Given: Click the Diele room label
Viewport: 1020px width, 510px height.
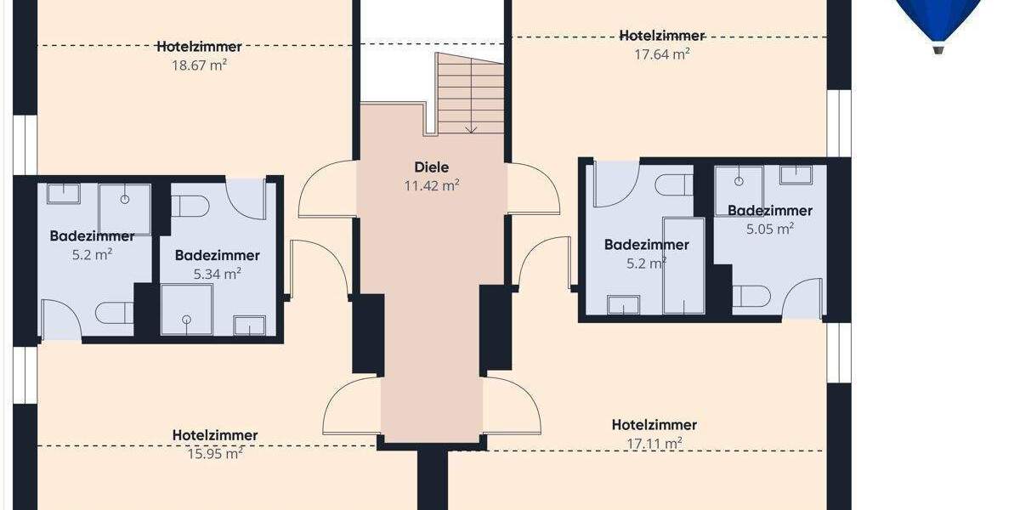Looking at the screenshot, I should point(432,167).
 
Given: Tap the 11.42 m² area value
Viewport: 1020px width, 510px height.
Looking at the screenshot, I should point(432,184).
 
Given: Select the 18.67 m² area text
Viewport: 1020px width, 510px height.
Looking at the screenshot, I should point(199,63).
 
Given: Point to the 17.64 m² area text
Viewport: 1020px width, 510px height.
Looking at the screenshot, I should point(661,54).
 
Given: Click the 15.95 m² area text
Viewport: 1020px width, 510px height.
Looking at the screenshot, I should point(214,453).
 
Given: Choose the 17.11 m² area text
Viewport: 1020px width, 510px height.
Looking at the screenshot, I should point(654,443).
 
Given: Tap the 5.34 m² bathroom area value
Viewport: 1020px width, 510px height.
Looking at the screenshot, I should point(217,273).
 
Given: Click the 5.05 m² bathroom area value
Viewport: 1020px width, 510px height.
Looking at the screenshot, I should point(769,228).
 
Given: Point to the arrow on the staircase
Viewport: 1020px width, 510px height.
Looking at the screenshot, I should point(471,127).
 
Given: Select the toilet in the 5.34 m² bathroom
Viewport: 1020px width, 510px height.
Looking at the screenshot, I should point(190,206).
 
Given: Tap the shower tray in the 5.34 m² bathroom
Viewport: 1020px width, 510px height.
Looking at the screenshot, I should point(186,308).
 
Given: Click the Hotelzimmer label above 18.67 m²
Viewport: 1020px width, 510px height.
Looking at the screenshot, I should point(199,47).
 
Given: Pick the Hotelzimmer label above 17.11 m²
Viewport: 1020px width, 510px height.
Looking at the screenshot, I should point(654,425).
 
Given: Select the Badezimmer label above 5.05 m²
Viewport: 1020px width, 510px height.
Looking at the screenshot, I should point(769,211).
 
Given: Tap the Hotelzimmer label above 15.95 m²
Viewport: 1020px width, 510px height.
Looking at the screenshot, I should point(214,435).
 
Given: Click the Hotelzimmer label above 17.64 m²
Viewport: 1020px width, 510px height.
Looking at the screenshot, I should point(661,36).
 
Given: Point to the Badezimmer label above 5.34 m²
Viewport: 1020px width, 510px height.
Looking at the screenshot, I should point(217,255).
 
